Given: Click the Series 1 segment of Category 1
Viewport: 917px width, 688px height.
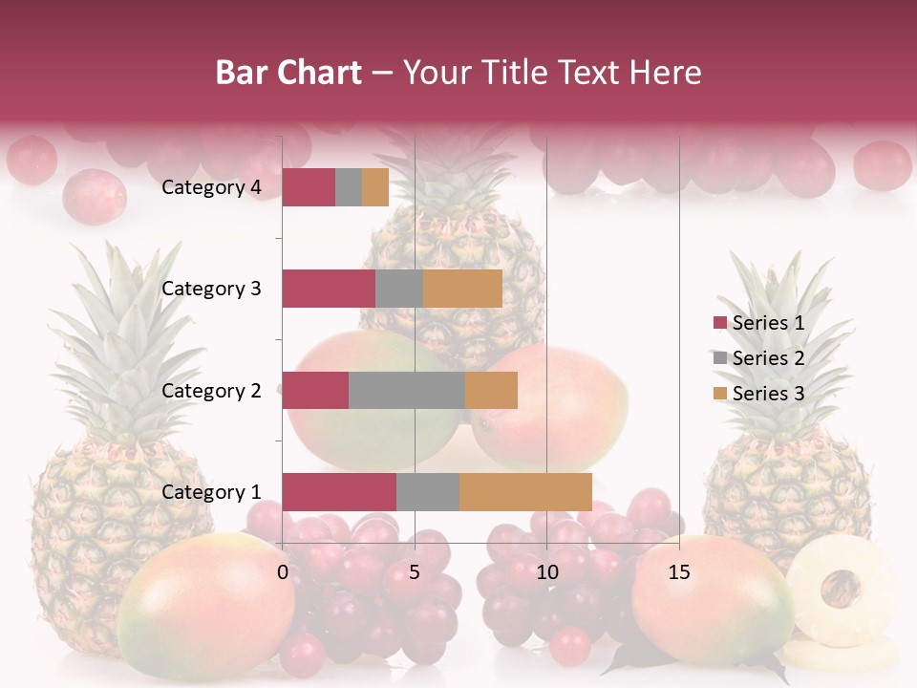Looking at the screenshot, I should (x=338, y=491).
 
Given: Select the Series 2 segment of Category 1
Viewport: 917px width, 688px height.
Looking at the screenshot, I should (x=427, y=491).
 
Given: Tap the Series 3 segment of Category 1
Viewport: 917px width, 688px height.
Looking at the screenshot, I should (x=525, y=491).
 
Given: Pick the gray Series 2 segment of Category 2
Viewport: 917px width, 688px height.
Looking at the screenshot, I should (x=406, y=390).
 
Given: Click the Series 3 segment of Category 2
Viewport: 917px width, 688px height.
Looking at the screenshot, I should (x=491, y=390).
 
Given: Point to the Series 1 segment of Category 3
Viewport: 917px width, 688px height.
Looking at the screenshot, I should (x=328, y=289).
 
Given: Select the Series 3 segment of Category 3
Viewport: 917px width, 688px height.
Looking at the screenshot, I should (x=462, y=289).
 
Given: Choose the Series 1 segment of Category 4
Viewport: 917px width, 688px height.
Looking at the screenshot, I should (x=308, y=187).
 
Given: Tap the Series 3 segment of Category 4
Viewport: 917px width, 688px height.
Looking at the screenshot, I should (x=375, y=187).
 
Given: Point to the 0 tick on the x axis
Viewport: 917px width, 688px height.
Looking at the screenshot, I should (x=283, y=572).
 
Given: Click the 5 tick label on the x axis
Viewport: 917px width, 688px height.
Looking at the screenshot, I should (x=415, y=572).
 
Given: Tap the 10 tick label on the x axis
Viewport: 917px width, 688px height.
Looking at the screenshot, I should (x=546, y=572).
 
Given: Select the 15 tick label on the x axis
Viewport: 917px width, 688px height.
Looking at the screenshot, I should (x=679, y=572).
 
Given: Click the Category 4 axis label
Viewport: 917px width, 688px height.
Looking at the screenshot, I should (x=211, y=187).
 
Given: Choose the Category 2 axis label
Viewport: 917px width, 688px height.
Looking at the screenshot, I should (x=211, y=390).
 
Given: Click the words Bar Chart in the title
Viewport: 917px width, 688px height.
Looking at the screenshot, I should (x=288, y=73).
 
